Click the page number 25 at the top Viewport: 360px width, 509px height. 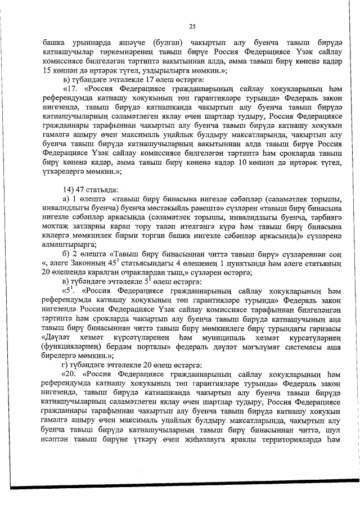click(x=192, y=26)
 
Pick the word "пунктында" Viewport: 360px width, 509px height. click(x=232, y=271)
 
